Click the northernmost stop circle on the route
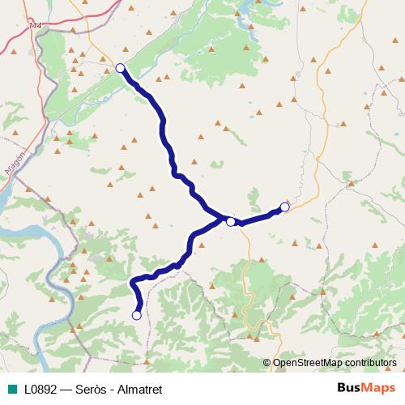(x=120, y=68)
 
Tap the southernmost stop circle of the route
(x=137, y=315)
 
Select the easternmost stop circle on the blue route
(x=284, y=207)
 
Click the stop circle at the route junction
(x=231, y=221)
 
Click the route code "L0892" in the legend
(x=40, y=390)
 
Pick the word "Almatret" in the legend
(x=139, y=390)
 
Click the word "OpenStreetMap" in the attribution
(x=308, y=363)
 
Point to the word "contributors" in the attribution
(x=371, y=363)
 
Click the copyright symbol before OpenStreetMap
(x=267, y=363)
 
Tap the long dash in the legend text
(x=67, y=390)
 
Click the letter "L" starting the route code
(x=28, y=390)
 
